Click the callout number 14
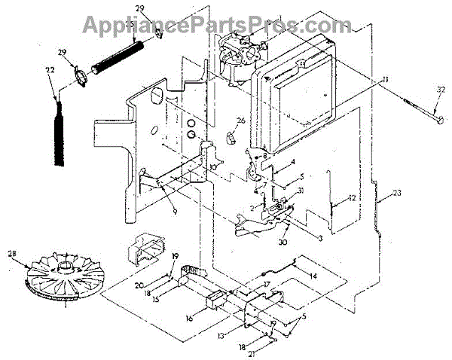point(313,277)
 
